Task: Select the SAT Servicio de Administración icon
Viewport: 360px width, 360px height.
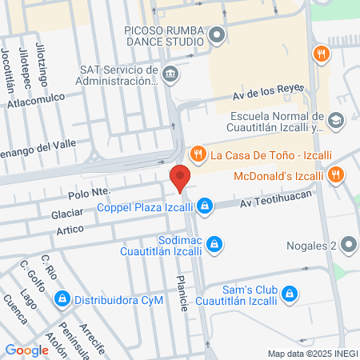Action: click(170, 75)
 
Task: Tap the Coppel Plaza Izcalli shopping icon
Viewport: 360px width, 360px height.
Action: click(206, 206)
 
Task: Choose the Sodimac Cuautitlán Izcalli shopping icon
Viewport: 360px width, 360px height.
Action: click(214, 243)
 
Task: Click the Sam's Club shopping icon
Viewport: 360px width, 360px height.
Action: click(290, 295)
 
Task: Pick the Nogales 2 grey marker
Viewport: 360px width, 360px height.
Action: click(348, 245)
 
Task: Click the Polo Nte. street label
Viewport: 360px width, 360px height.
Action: click(90, 193)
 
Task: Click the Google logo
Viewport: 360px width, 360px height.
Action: click(27, 350)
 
